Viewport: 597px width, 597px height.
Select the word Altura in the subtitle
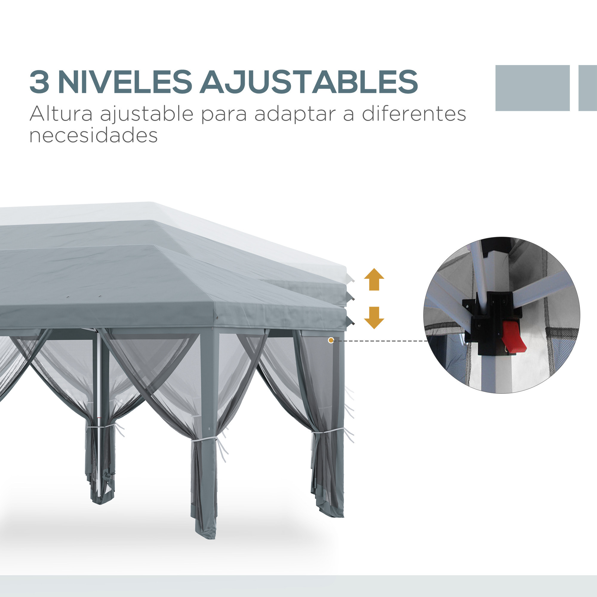61,114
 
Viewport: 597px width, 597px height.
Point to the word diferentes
414,114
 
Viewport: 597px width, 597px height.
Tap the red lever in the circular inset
513,338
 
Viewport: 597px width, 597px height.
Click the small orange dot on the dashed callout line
331,341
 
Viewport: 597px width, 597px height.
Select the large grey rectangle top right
533,88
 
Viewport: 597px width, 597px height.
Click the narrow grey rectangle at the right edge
588,88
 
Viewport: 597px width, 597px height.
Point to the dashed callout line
380,341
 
